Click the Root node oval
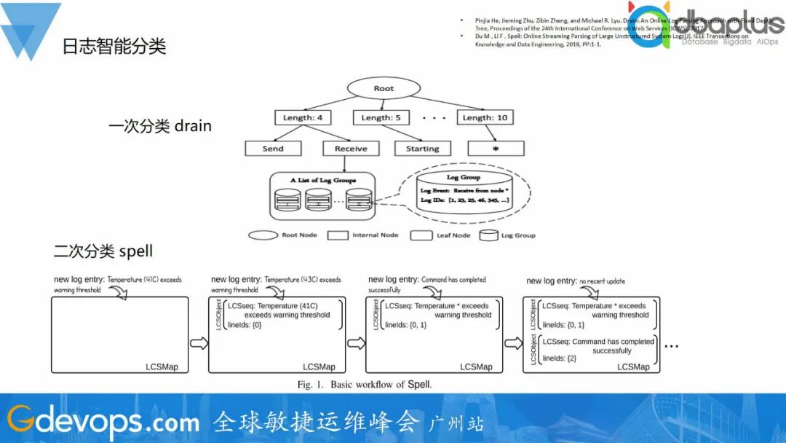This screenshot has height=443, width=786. (384, 89)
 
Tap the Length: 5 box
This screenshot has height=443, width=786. (381, 117)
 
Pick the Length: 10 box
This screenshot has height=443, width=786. (485, 117)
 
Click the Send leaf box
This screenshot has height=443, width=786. (273, 149)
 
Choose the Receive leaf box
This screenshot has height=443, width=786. (351, 149)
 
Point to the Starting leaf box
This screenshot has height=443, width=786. (422, 149)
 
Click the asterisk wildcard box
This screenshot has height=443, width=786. (495, 149)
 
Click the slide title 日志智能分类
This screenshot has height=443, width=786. (114, 47)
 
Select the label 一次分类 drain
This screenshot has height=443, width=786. (160, 126)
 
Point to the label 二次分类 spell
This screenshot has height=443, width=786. (103, 252)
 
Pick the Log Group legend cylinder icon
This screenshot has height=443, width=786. (489, 235)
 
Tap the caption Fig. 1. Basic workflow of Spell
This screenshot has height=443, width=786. (364, 384)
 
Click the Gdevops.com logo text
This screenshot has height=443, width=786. (103, 421)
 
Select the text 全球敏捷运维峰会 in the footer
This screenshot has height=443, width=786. (317, 422)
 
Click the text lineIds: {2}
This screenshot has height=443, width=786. (559, 358)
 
